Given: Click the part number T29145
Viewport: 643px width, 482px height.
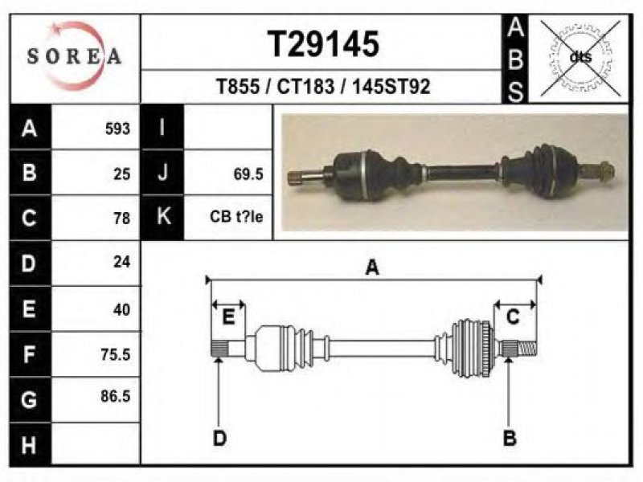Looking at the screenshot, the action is (x=323, y=44).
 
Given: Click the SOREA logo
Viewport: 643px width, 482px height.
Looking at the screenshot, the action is (x=74, y=56).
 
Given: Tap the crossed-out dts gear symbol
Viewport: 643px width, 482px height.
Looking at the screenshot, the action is (x=580, y=58).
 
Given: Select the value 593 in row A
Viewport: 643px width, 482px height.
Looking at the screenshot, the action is (x=117, y=129).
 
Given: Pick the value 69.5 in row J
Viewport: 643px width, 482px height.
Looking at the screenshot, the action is (x=248, y=174).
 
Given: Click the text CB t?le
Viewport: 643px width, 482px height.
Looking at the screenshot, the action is (x=236, y=216).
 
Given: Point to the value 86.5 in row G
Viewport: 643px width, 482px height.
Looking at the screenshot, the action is (x=115, y=396).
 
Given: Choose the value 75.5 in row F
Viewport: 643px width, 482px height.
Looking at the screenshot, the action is (x=115, y=354).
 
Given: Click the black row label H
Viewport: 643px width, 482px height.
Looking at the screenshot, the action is (x=30, y=445).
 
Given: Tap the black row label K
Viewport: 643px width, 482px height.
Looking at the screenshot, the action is (x=162, y=216).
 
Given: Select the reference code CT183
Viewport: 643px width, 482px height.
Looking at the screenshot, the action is (x=305, y=87).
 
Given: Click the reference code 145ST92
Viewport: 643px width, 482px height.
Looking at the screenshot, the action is (x=391, y=87).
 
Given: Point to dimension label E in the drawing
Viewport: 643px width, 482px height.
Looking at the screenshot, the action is (x=228, y=317).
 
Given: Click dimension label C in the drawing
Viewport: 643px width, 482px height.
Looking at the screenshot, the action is (x=513, y=317).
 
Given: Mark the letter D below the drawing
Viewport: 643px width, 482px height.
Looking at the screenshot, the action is (x=219, y=439).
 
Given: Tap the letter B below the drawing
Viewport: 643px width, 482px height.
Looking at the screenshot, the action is (x=510, y=438).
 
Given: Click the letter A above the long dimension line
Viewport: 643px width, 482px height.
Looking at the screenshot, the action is (x=372, y=268).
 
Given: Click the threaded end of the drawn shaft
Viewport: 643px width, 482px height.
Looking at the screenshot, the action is (x=527, y=349).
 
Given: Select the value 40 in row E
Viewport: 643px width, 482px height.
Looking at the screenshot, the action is (x=122, y=309).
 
